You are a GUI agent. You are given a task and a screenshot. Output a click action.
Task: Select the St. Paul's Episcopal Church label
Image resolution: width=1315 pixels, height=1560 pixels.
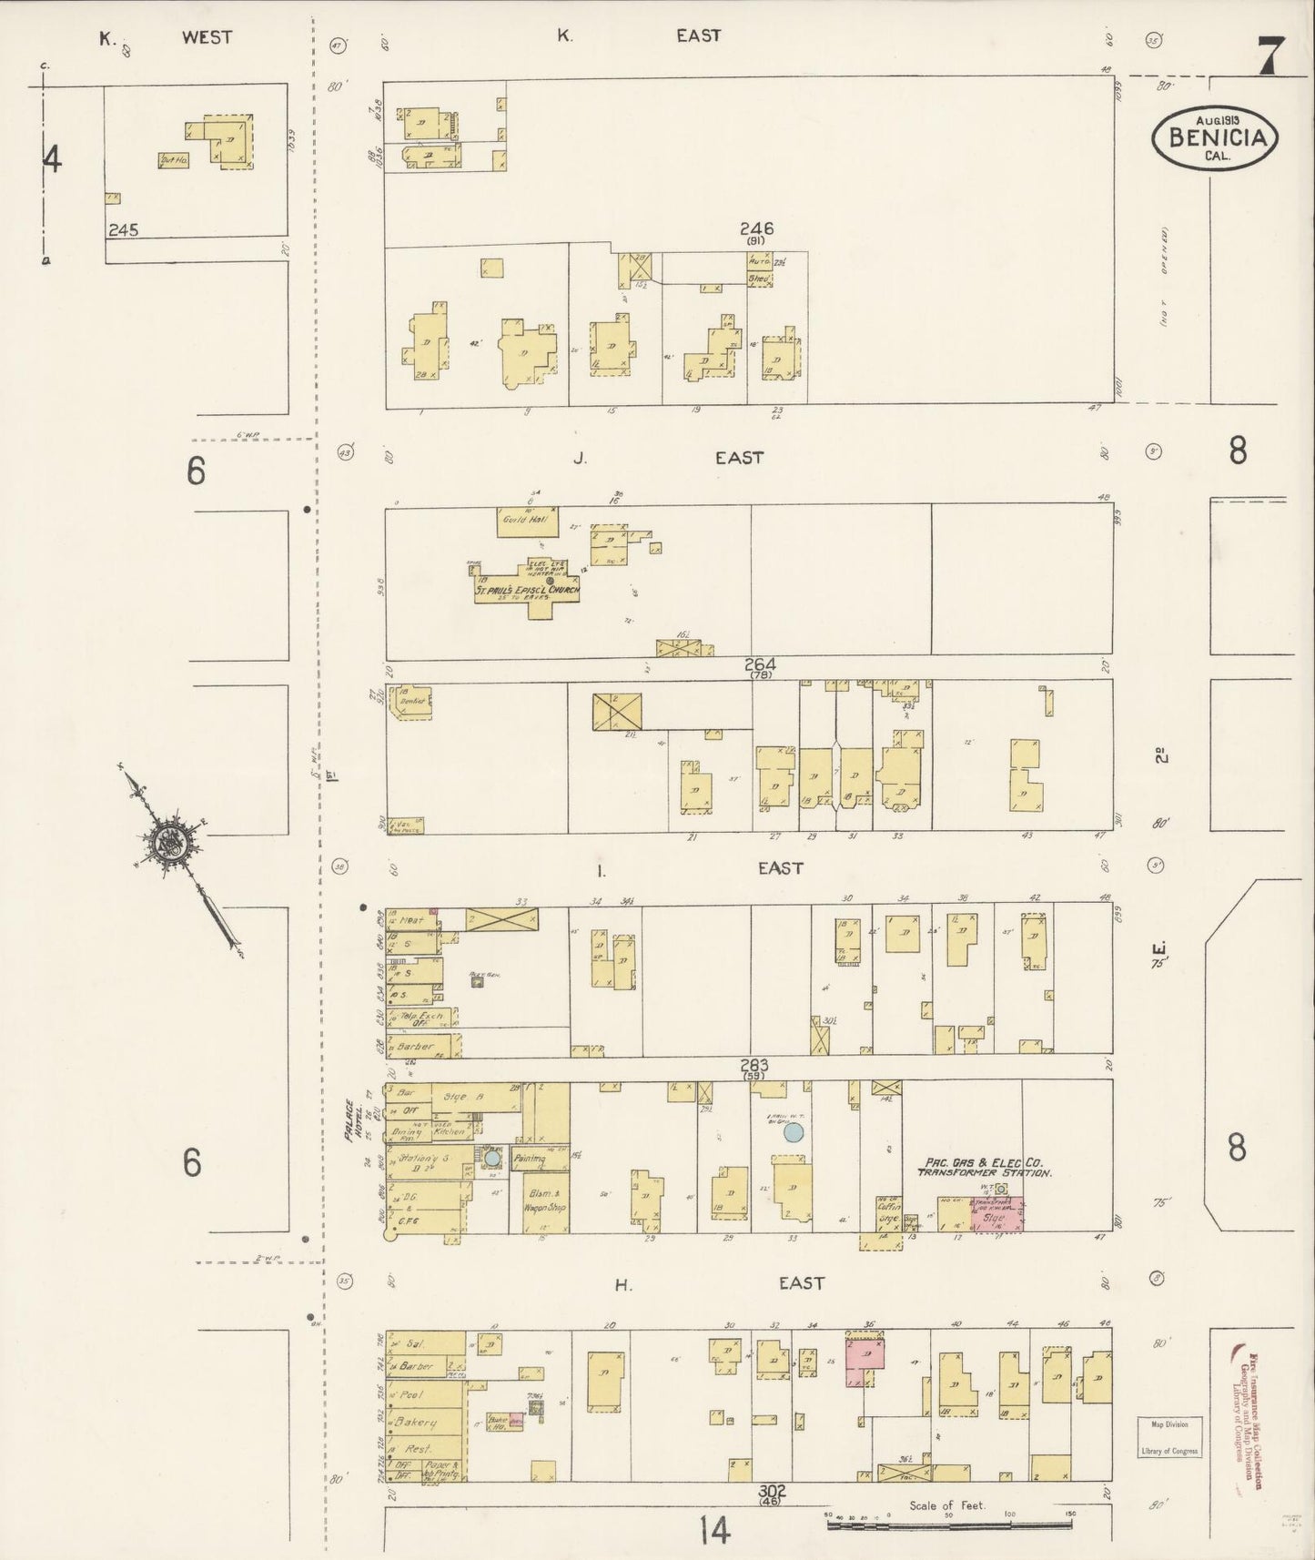[x=527, y=591]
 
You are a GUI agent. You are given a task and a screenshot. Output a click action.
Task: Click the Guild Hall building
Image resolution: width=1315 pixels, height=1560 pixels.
[x=527, y=520]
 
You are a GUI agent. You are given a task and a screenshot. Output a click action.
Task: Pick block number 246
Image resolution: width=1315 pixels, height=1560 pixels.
[x=756, y=228]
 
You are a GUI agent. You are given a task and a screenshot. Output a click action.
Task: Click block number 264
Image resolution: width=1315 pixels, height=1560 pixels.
[x=758, y=664]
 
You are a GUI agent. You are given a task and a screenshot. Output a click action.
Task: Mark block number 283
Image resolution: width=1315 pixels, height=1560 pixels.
[x=754, y=1065]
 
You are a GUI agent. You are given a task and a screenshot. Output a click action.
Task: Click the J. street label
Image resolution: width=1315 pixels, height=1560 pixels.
[x=580, y=459]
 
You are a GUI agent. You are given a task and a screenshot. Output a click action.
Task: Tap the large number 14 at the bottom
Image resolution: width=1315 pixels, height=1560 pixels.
[x=715, y=1533]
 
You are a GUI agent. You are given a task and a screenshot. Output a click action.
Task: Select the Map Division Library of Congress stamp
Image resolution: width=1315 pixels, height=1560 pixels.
[x=1169, y=1462]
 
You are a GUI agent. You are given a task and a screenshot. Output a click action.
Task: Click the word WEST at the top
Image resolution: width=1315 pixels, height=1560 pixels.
[x=207, y=37]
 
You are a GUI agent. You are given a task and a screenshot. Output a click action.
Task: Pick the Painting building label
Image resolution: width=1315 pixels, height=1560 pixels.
[x=530, y=1160]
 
